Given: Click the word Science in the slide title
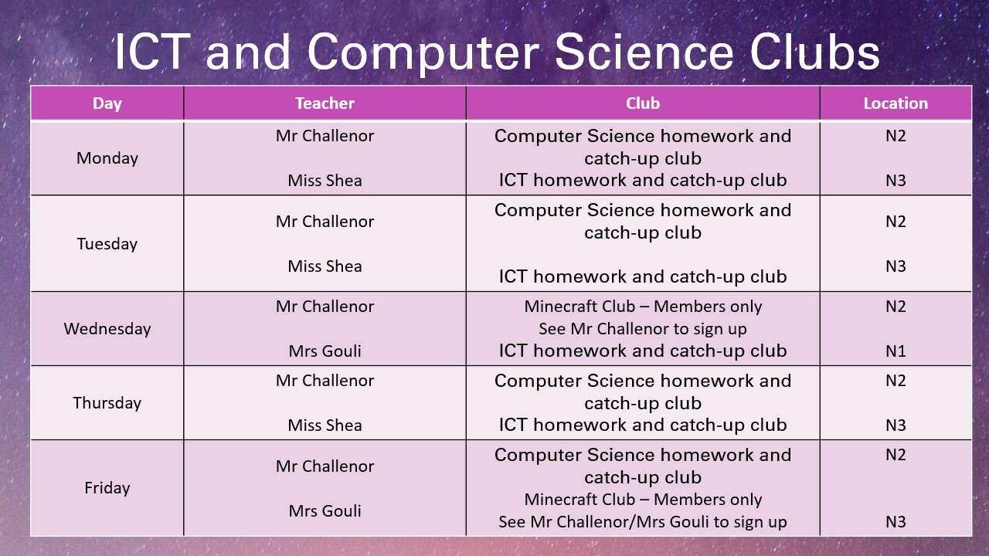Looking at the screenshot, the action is click(644, 52).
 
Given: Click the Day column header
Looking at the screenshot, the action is click(107, 103).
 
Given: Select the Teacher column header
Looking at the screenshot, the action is click(325, 103).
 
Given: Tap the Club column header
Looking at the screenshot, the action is click(643, 103).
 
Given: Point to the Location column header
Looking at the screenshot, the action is click(896, 103).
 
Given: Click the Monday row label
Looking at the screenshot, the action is click(107, 158).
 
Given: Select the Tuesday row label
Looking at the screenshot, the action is click(107, 243).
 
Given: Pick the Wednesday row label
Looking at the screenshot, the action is click(107, 329).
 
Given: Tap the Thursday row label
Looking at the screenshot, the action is click(107, 403).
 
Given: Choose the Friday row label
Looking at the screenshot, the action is click(107, 488).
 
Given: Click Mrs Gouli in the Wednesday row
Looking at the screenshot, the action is click(325, 351).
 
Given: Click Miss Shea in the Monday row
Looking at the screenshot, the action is click(325, 181).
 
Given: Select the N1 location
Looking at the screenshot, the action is click(896, 351).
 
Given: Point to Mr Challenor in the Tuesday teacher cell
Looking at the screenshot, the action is click(325, 222).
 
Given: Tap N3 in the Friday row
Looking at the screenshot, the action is click(896, 522).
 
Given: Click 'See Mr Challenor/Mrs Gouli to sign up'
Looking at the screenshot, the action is click(643, 522).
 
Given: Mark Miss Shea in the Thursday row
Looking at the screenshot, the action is click(325, 425).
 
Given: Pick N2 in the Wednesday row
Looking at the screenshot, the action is click(896, 307).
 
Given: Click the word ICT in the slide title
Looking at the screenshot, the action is click(152, 52).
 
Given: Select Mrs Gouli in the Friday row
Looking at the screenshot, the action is click(325, 511).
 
